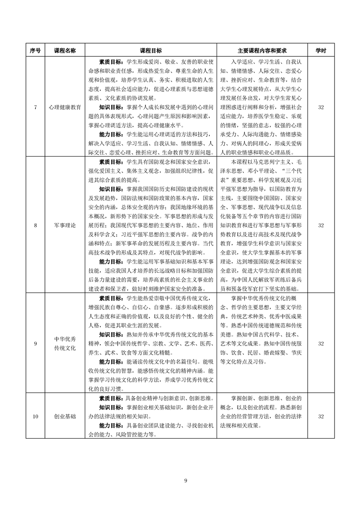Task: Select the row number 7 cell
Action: (35, 107)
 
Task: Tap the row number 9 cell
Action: (35, 343)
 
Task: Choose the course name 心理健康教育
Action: (65, 107)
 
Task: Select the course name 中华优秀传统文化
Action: (65, 343)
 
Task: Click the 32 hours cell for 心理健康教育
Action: (321, 107)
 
